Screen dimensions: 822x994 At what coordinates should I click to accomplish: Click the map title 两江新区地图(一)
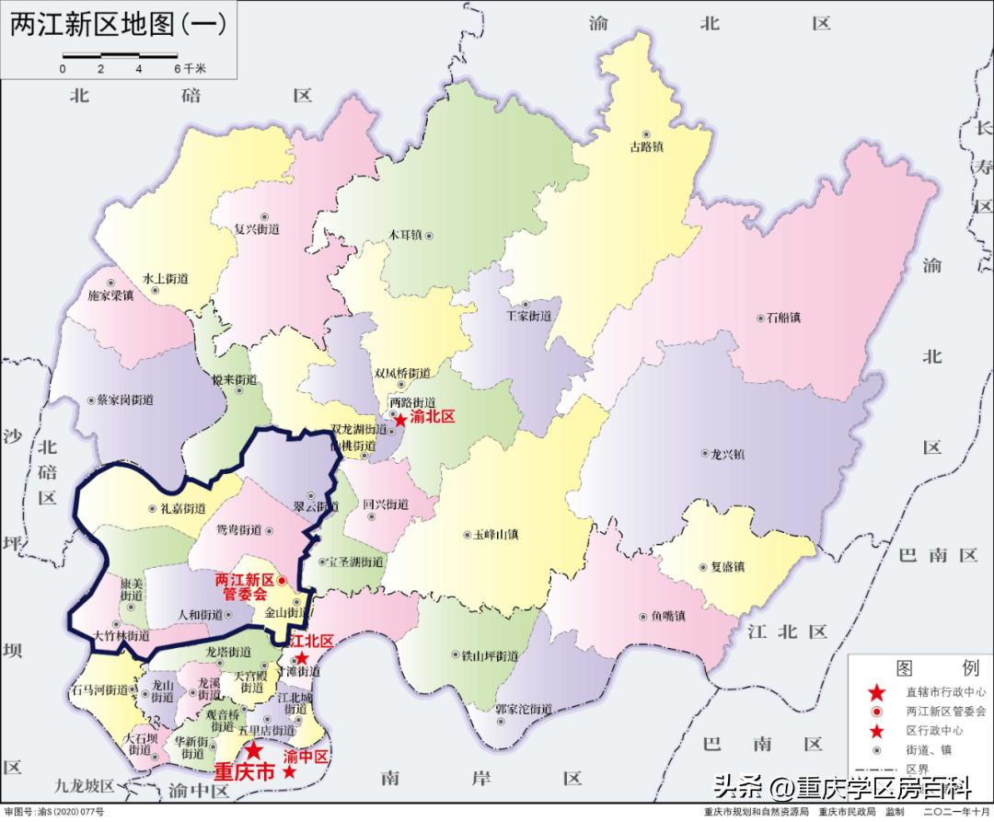(117, 25)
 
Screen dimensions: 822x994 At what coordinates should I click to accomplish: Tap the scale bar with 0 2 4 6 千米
(120, 63)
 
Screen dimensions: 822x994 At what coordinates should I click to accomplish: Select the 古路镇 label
(646, 145)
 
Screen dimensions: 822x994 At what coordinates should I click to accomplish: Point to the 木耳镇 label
(404, 236)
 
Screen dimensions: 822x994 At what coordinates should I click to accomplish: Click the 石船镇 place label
(783, 318)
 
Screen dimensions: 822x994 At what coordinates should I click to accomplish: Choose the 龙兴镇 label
(727, 454)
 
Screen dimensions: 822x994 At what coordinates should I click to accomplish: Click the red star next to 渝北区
(399, 419)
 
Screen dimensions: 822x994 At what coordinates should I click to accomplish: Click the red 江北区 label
(312, 641)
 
